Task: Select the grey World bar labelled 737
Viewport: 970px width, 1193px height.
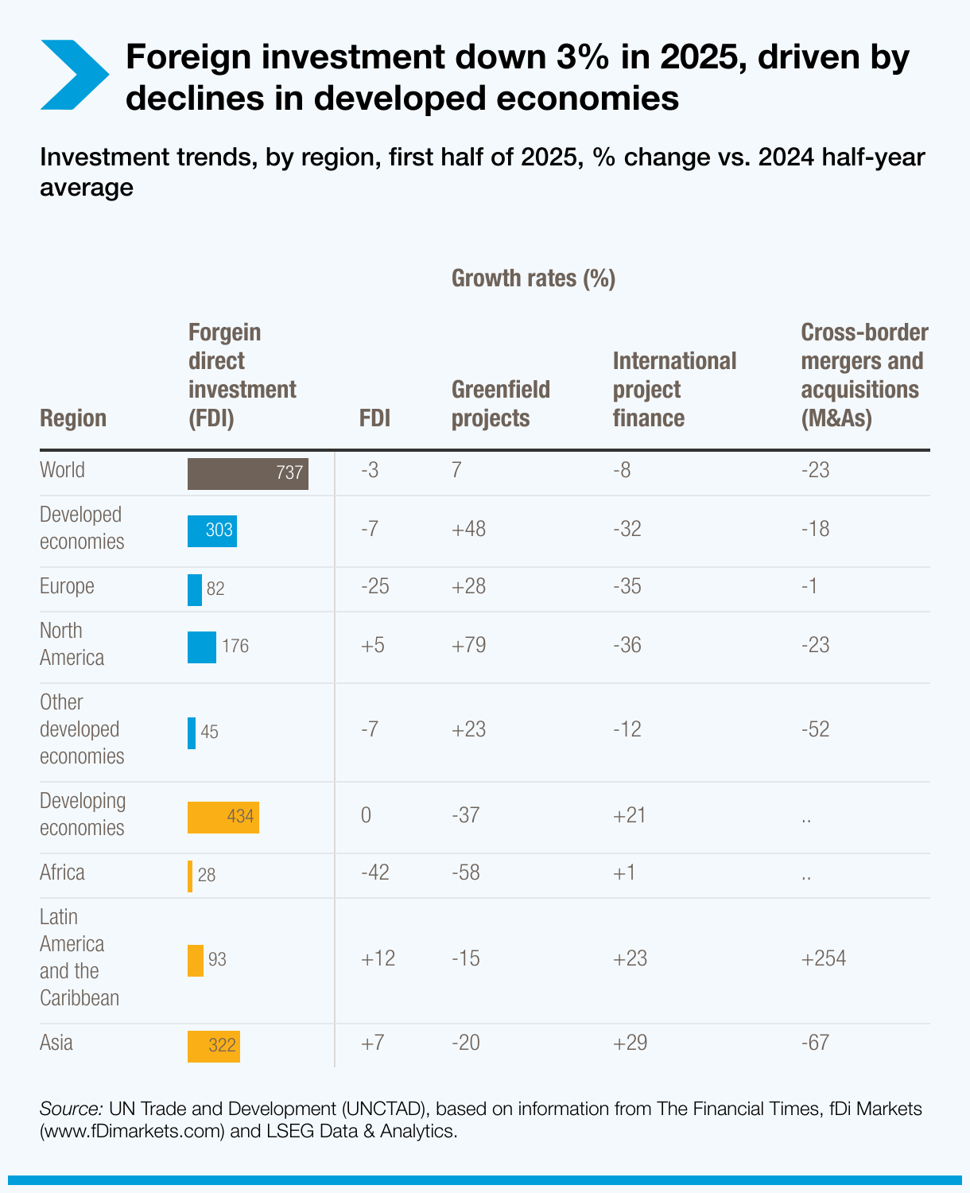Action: (247, 473)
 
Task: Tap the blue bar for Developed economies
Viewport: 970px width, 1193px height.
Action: (211, 530)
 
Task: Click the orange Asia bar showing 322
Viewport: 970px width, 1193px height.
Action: (213, 1045)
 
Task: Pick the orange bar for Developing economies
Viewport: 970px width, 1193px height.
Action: (223, 817)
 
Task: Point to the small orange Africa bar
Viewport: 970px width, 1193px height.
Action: (190, 876)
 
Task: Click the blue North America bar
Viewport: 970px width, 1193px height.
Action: (201, 647)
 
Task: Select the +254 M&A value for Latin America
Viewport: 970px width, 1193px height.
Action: (823, 958)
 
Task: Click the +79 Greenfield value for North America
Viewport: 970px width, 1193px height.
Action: (468, 645)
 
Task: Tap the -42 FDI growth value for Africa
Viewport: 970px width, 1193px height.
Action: (374, 872)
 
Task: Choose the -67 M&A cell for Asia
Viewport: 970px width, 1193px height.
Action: (815, 1043)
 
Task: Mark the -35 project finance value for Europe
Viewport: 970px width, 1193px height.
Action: (627, 586)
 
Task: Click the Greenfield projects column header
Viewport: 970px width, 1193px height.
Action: (500, 403)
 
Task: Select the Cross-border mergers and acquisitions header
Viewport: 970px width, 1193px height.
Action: (863, 375)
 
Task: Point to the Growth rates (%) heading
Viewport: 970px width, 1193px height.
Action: (533, 278)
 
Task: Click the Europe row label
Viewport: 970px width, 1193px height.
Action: (67, 586)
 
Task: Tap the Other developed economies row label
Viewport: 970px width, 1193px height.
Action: (82, 729)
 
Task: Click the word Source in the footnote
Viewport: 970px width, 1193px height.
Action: (71, 1109)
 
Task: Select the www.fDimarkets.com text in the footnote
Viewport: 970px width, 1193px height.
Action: (132, 1131)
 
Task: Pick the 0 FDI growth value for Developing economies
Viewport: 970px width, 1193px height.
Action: (366, 815)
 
